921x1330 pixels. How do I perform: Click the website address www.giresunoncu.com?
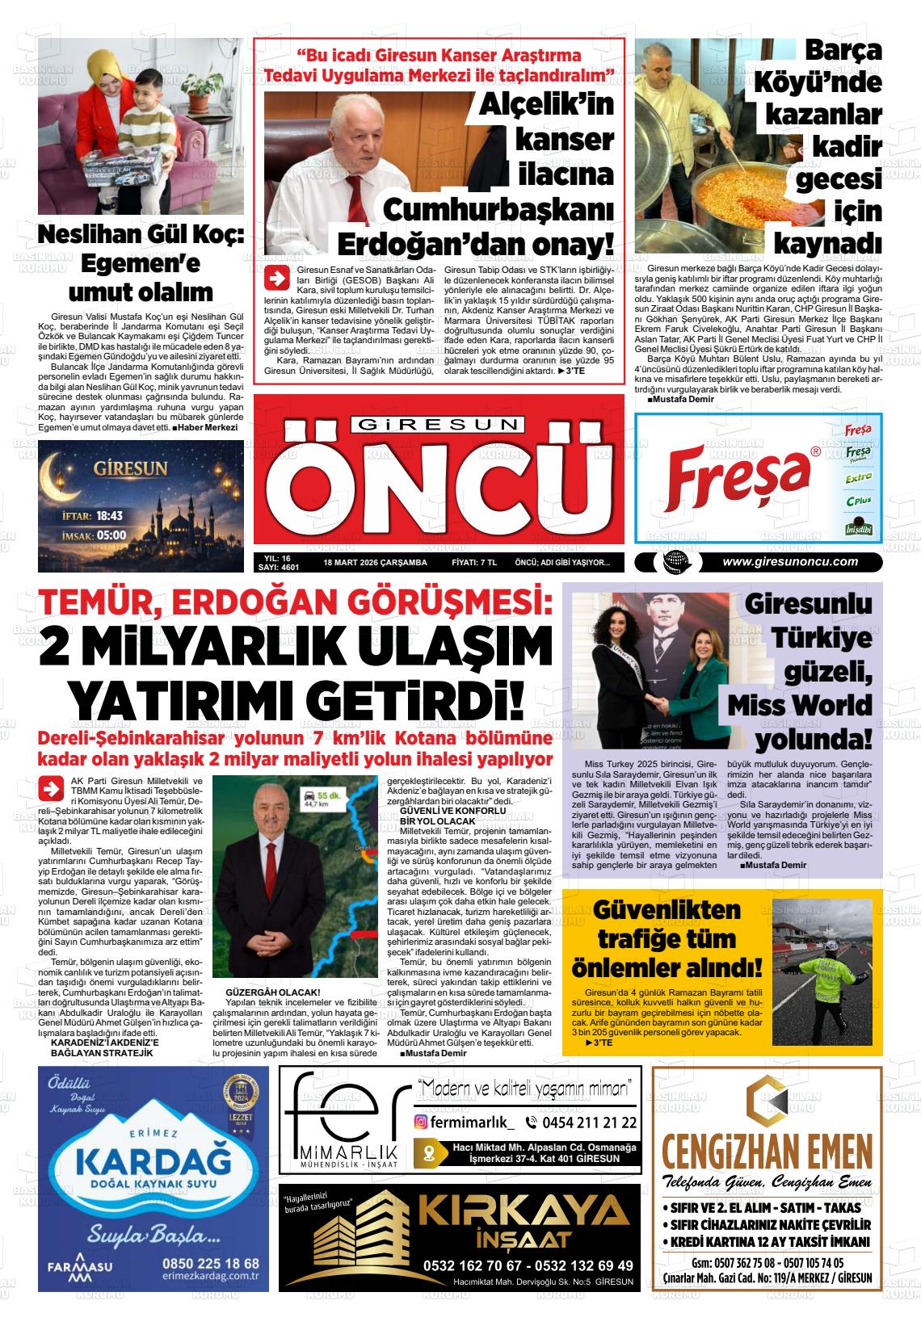(789, 562)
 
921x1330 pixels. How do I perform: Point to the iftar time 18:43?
(108, 515)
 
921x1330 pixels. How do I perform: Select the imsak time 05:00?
(111, 535)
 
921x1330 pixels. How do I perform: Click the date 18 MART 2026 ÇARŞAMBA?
(374, 563)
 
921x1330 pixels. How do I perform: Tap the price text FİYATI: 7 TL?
(473, 563)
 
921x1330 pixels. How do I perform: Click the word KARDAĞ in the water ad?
(153, 1162)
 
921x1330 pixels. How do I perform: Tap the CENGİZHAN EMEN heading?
(766, 1150)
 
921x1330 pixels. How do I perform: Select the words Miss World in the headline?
(799, 704)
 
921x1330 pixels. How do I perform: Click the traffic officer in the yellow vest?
(834, 985)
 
